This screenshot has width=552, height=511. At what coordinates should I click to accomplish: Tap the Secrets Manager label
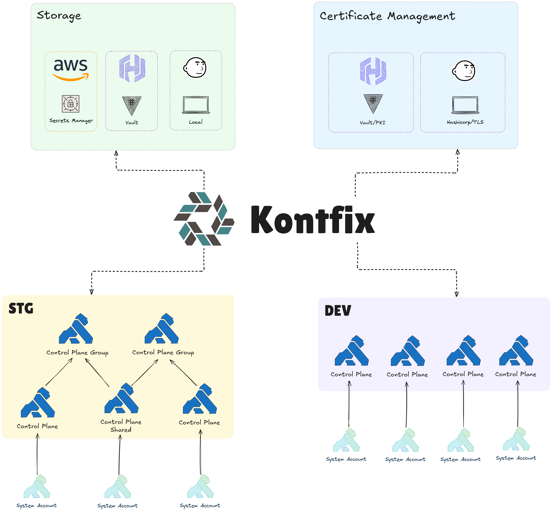pos(71,120)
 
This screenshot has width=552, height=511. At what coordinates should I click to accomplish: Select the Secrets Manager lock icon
pos(70,104)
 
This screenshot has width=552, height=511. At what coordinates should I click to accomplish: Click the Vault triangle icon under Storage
pos(132,105)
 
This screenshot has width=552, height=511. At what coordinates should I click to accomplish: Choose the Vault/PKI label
pos(372,123)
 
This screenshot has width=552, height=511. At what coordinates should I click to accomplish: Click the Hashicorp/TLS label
pos(465,122)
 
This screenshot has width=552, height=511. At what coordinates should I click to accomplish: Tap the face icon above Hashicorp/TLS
pos(464,71)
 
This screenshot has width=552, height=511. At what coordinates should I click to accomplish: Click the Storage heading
pos(59,15)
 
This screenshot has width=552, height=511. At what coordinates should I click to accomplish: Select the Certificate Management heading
pos(387,16)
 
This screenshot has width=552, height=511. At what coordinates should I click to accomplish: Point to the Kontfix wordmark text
pos(313,220)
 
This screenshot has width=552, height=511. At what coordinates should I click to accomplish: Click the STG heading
pos(21,308)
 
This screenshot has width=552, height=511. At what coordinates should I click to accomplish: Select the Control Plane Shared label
pos(121,425)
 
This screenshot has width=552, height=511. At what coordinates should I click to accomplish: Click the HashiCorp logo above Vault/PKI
pos(373,71)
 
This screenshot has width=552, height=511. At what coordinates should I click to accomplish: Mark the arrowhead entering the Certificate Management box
pos(457,152)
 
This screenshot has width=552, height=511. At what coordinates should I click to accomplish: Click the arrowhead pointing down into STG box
pos(91,292)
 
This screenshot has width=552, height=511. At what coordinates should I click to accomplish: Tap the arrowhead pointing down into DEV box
pos(457,294)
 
